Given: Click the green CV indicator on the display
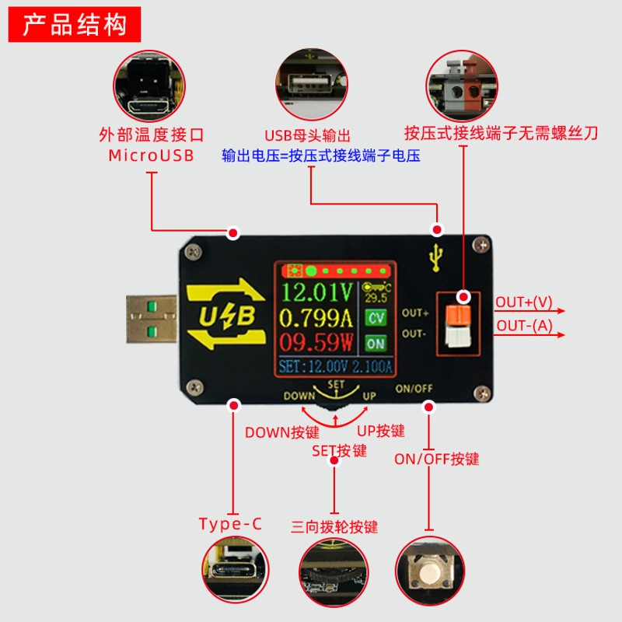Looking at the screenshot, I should coord(376,317).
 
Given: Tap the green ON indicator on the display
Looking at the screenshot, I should coord(376,343).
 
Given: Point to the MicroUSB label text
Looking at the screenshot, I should coord(151,154).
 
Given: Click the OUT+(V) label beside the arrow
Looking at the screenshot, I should coord(524,302).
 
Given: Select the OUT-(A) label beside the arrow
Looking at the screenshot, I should coord(524,326).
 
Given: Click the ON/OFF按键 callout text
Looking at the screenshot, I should coord(437,459).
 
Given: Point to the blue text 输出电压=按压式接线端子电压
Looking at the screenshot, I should coord(321,155).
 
